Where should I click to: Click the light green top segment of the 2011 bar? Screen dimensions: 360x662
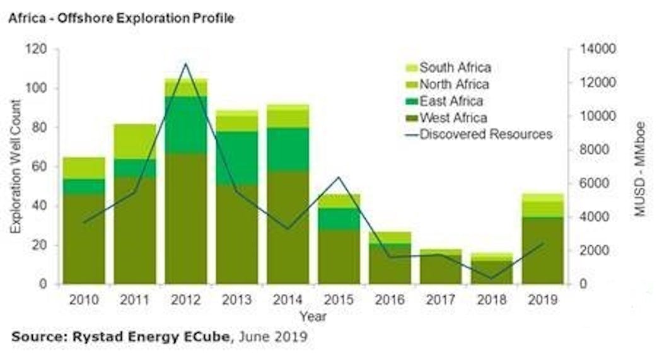135,141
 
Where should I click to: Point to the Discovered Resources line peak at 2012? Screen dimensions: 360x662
186,64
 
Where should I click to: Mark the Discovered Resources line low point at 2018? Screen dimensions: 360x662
492,278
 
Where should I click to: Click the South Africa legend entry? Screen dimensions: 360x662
455,67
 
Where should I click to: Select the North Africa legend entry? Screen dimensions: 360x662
454,84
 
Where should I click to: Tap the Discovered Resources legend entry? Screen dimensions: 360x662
485,134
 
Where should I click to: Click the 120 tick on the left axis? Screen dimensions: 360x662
39,49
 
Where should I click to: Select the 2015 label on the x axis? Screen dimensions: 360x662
339,299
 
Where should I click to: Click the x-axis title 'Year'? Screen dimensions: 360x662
313,315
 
